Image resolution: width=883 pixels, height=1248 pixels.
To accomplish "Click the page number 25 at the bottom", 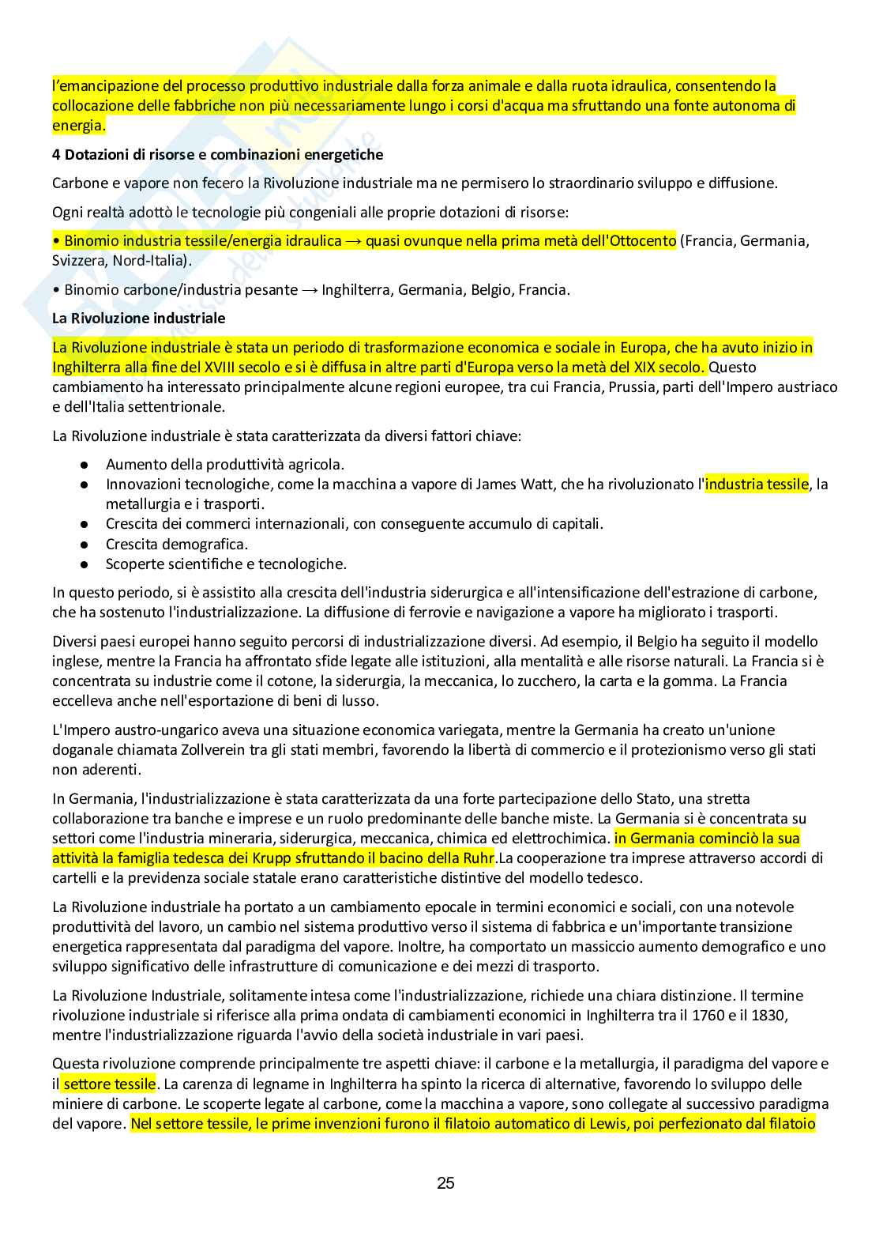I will (x=445, y=1183).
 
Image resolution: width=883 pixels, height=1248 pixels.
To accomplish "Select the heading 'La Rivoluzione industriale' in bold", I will (x=138, y=319).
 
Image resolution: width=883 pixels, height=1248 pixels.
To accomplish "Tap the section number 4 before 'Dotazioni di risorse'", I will (x=57, y=155).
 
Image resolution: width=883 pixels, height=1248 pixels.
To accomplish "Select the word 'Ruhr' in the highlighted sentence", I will (x=477, y=858).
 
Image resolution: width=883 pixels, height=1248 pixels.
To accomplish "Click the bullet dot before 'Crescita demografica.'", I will (x=85, y=545).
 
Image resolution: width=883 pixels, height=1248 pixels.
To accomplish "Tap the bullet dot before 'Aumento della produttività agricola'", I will (x=85, y=465).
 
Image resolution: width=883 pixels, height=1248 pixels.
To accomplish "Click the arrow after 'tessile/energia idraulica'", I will (x=353, y=241).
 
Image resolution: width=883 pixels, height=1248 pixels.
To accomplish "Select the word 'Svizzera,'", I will (x=80, y=261).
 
